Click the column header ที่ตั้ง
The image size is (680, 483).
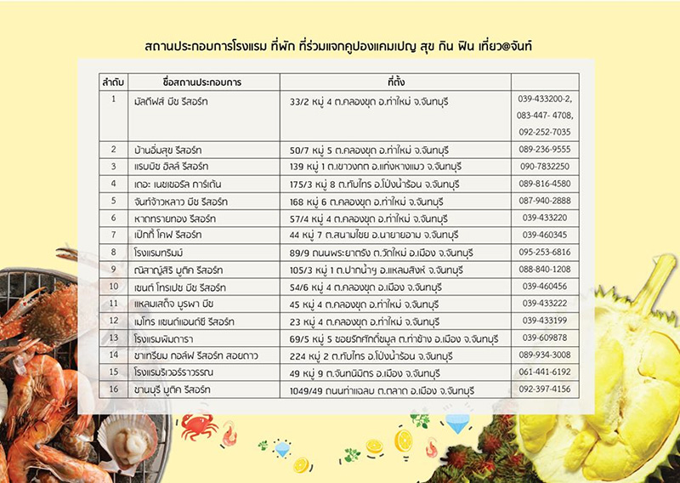[x=394, y=82]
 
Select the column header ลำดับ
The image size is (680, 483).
[x=113, y=82]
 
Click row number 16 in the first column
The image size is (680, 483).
[x=113, y=389]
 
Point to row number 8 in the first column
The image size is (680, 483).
[x=113, y=252]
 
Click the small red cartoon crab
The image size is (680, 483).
[x=197, y=425]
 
